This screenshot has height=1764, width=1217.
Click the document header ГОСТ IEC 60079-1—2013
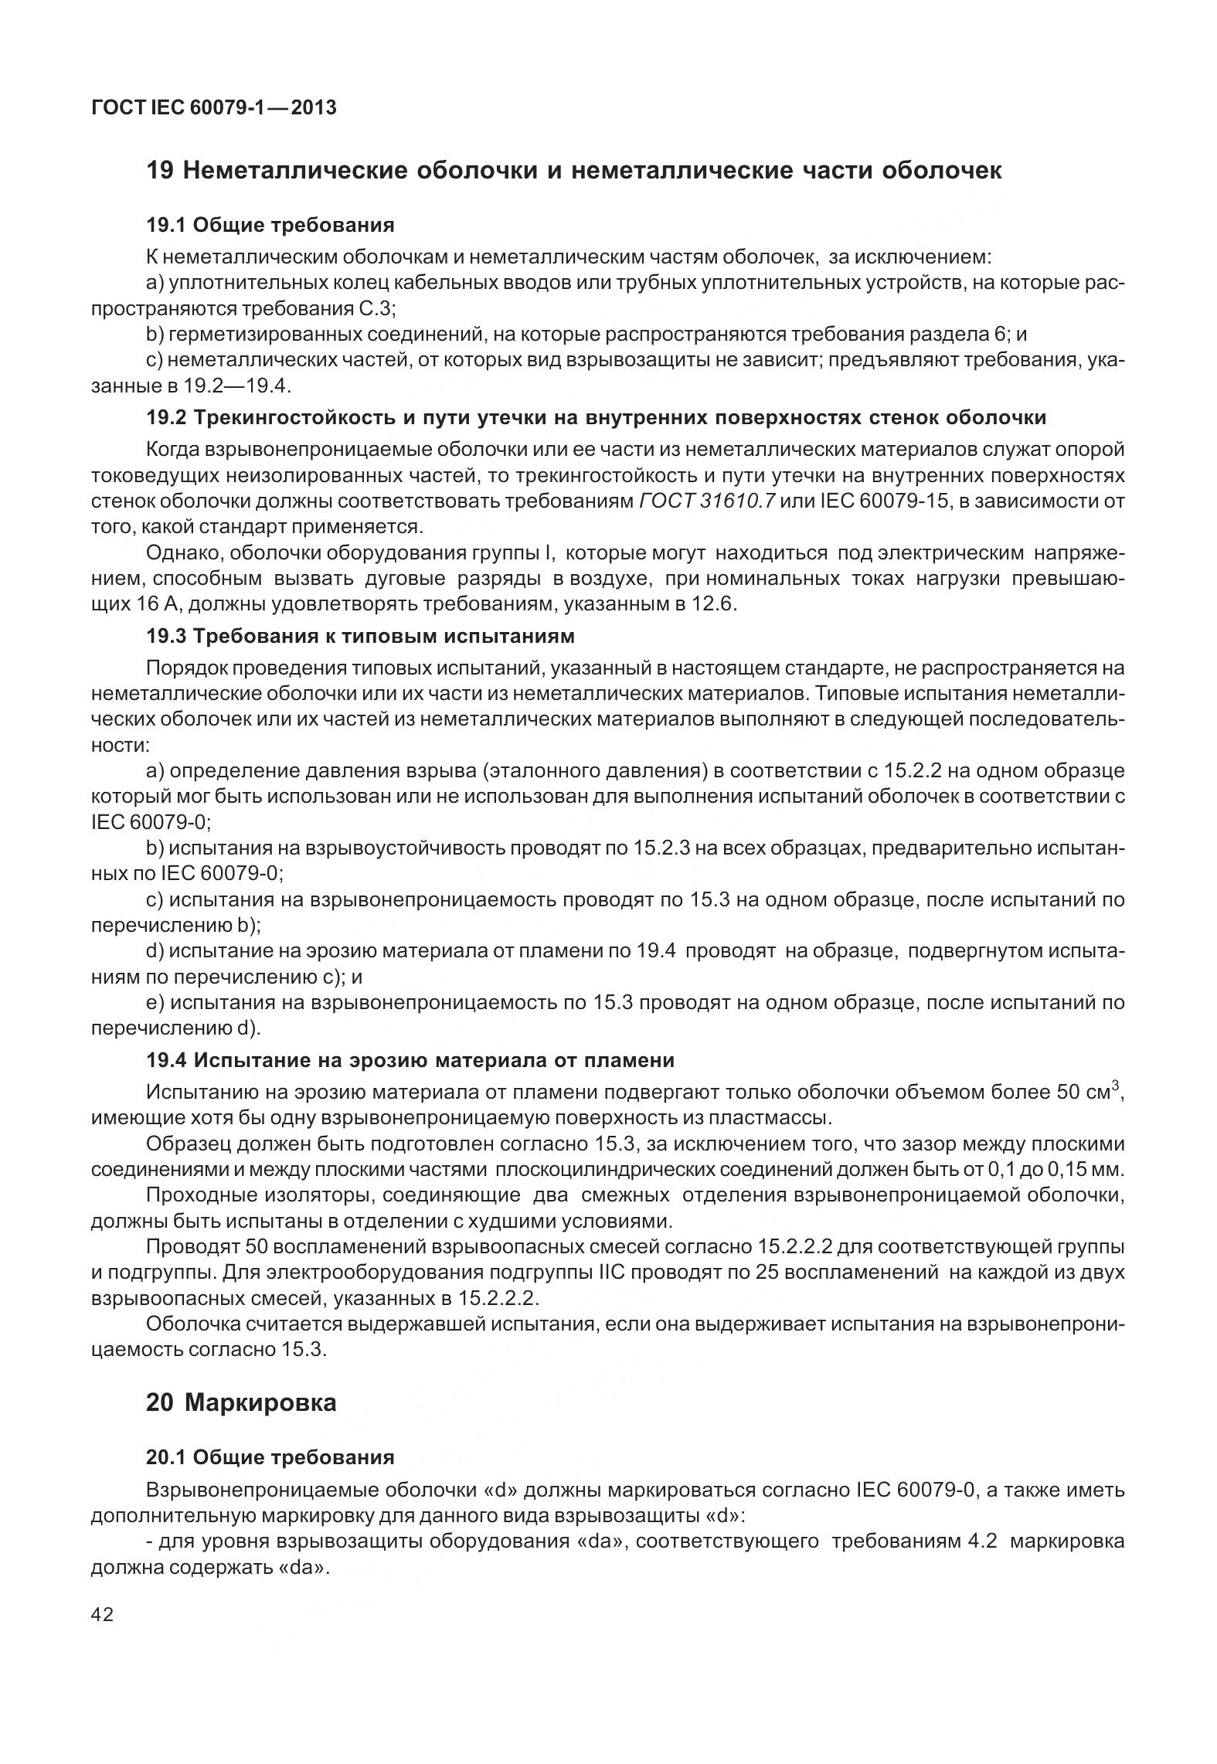pos(214,108)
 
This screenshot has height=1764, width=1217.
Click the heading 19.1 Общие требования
pos(270,225)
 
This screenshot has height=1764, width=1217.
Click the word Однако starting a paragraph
pos(182,553)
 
